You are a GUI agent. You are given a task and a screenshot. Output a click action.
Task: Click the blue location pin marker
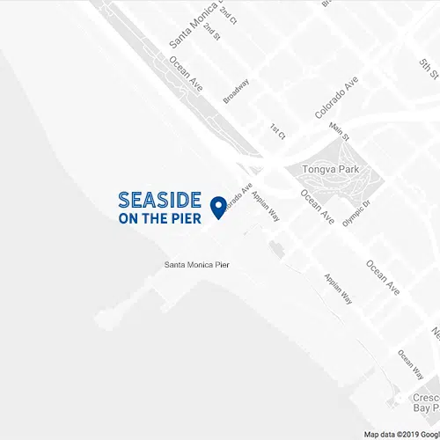218,203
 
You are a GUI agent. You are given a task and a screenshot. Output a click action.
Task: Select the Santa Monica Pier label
196,265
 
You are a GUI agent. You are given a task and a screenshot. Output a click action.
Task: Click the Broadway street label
237,92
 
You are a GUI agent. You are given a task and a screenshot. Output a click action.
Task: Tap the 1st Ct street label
278,131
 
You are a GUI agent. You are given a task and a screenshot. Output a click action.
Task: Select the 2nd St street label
211,31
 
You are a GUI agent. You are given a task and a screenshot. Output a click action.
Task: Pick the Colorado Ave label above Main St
337,99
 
